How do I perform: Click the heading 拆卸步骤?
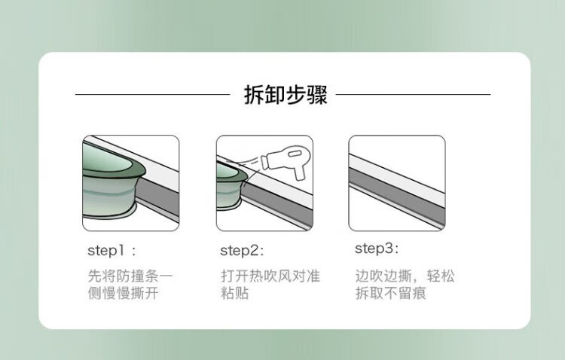click(x=286, y=95)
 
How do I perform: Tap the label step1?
click(x=106, y=251)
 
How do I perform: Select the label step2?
click(x=239, y=251)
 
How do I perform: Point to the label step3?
click(x=374, y=249)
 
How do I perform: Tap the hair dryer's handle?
click(x=299, y=172)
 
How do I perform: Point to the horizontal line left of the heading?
click(x=152, y=95)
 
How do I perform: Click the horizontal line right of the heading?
click(x=413, y=95)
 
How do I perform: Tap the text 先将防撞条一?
click(x=130, y=276)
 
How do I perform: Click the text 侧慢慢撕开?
click(x=124, y=293)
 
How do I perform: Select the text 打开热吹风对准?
click(x=270, y=276)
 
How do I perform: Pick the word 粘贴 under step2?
click(x=234, y=293)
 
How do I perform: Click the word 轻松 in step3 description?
click(x=441, y=276)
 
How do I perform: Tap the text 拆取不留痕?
click(x=390, y=293)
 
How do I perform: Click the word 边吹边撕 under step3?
click(x=383, y=276)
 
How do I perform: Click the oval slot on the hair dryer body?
click(x=295, y=154)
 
